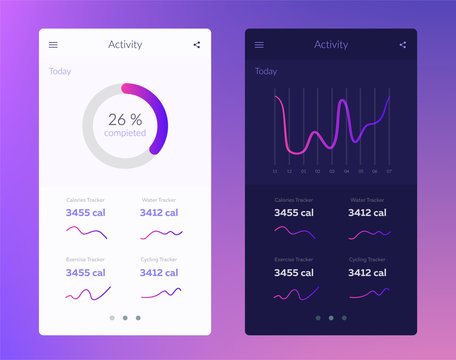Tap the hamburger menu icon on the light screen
click(x=54, y=44)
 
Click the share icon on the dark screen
click(x=402, y=44)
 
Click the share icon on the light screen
click(x=196, y=44)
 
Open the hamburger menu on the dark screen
click(x=259, y=44)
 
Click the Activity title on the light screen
click(x=125, y=44)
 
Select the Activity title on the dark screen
click(x=331, y=44)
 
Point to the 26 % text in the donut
click(x=125, y=119)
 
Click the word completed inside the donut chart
click(x=125, y=133)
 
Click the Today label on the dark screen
click(x=266, y=71)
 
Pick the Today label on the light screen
click(x=60, y=71)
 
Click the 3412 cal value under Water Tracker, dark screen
click(x=366, y=212)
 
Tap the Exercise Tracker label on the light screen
click(x=85, y=259)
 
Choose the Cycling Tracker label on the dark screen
click(x=366, y=259)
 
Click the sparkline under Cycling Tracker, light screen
click(x=161, y=293)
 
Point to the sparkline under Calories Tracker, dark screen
click(x=294, y=233)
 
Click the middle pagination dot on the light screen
click(x=125, y=318)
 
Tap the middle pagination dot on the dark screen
click(x=331, y=318)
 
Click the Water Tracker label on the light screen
click(x=159, y=200)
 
